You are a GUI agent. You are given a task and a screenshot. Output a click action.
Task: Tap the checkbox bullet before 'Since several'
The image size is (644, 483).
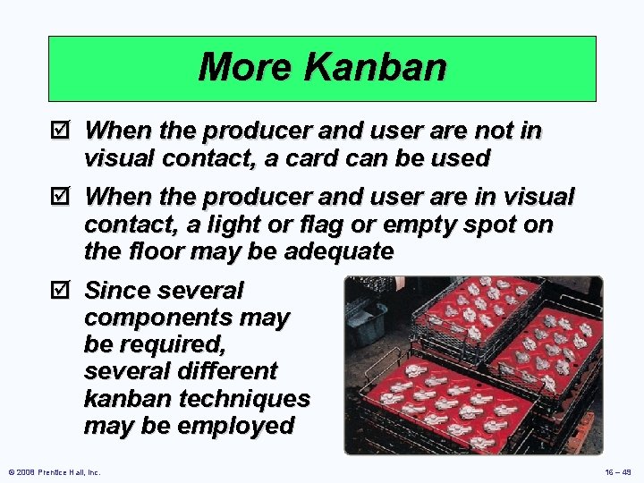tap(60, 291)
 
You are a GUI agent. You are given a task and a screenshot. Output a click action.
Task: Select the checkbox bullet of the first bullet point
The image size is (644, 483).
tap(60, 131)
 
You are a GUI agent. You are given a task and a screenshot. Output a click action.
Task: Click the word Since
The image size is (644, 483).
tap(118, 291)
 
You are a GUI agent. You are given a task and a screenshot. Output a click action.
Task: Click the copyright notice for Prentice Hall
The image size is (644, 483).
tap(54, 471)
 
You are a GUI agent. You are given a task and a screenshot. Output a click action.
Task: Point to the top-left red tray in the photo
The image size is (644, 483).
tap(479, 309)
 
